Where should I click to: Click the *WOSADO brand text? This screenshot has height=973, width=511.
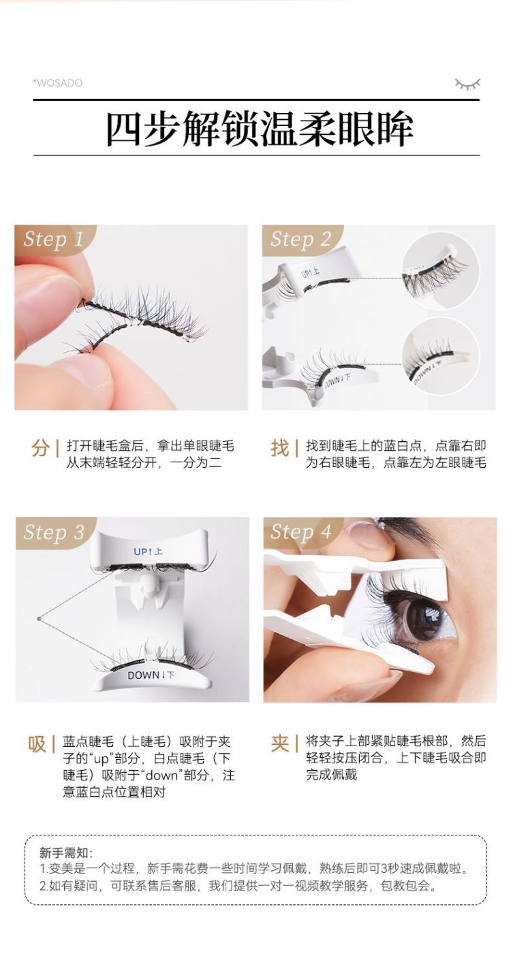pos(57,83)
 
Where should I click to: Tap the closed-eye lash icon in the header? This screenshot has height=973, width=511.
pos(467,84)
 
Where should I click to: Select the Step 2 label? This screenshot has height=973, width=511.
pos(300,239)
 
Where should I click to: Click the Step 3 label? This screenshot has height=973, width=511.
pos(54,532)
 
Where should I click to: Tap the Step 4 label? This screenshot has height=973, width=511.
pos(300,532)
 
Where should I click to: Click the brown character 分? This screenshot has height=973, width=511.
pos(41,448)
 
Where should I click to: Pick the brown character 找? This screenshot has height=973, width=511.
pos(280,448)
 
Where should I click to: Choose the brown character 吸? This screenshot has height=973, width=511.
pos(37,744)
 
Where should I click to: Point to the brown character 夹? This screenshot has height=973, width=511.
pos(280,744)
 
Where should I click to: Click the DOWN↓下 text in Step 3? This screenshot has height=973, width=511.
pos(151,675)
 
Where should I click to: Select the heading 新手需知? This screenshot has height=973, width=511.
pos(66,852)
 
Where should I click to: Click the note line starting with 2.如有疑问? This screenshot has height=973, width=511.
pos(238,885)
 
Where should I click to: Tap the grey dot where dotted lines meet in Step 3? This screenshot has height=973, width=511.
pos(40,618)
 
